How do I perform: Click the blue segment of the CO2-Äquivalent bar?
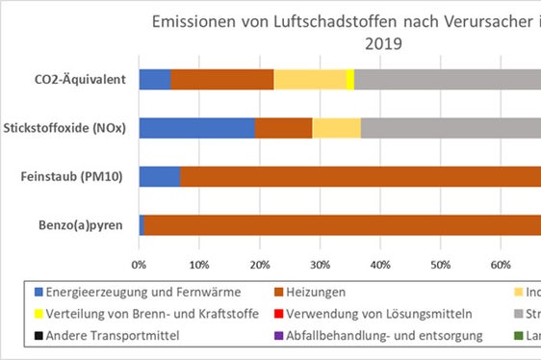pos(154,79)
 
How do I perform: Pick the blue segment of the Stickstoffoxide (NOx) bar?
pos(196,127)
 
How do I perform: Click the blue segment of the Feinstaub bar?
pos(159,176)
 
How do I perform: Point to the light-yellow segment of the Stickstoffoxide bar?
pos(336,127)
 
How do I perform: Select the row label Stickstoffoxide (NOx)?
pos(66,127)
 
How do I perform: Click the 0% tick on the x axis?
pos(139,262)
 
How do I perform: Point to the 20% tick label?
pos(259,262)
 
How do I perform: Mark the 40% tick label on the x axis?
pos(379,262)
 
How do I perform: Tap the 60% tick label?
pos(500,262)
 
